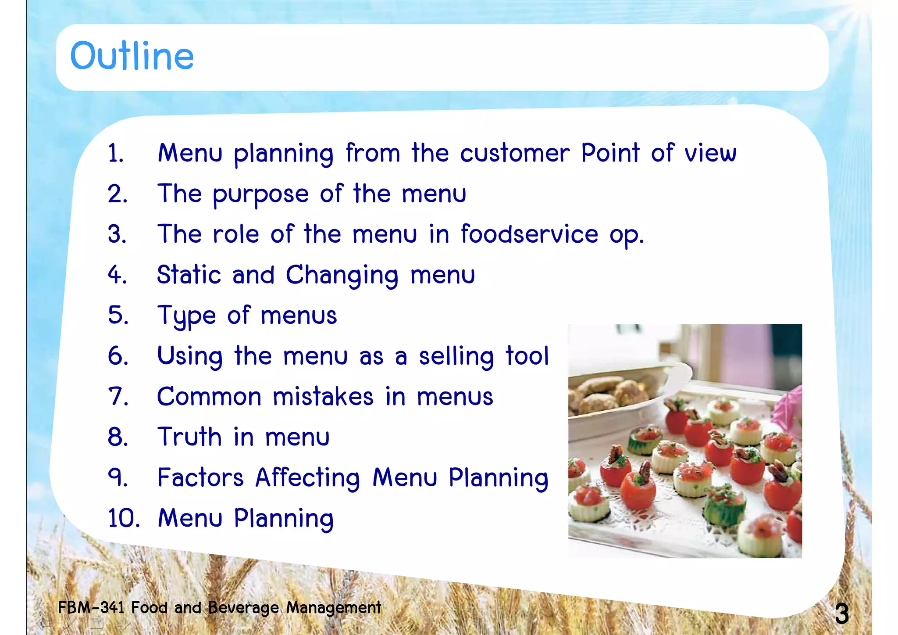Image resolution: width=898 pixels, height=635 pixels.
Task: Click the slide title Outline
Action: click(x=132, y=56)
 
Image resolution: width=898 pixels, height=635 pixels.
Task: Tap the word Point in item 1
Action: click(x=610, y=153)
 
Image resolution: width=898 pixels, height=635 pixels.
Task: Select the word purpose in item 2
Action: click(x=260, y=194)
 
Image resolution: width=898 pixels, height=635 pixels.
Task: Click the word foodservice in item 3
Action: click(x=529, y=234)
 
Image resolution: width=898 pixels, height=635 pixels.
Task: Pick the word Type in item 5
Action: click(x=186, y=316)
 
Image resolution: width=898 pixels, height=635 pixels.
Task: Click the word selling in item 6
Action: click(x=456, y=356)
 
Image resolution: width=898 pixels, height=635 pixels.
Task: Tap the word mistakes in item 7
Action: click(x=323, y=397)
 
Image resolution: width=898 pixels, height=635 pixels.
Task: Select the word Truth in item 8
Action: click(x=189, y=437)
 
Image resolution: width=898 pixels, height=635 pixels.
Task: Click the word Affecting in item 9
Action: click(x=307, y=478)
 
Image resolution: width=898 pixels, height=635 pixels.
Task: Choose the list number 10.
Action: click(x=124, y=518)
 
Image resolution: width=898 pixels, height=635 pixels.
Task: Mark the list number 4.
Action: click(x=118, y=275)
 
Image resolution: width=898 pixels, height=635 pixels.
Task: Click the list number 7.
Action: click(x=118, y=397)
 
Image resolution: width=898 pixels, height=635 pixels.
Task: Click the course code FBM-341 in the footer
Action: click(x=91, y=608)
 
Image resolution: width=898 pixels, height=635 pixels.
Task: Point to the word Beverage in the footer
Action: click(x=243, y=608)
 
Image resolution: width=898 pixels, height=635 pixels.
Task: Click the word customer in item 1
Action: click(x=515, y=153)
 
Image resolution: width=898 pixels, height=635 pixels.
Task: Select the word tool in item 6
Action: click(x=527, y=355)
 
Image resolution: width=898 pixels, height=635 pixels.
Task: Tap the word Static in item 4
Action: click(x=189, y=275)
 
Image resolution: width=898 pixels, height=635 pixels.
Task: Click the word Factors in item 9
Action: click(x=200, y=478)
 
